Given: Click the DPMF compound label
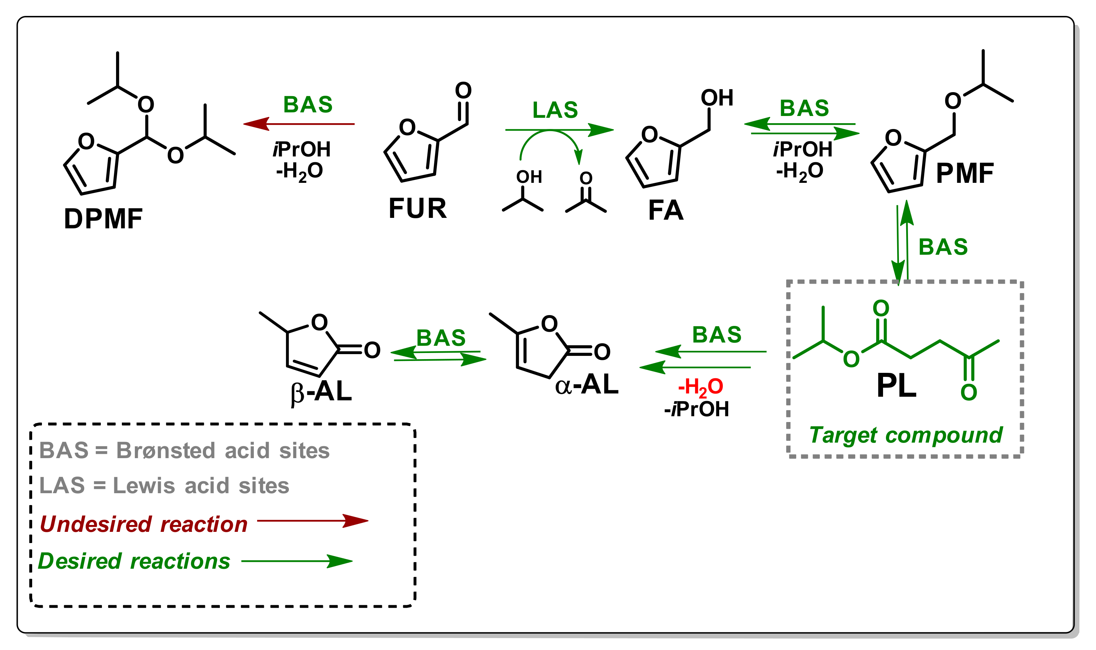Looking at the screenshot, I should pyautogui.click(x=103, y=219).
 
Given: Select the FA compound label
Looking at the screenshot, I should pyautogui.click(x=665, y=210).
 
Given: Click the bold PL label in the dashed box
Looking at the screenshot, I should pyautogui.click(x=896, y=386).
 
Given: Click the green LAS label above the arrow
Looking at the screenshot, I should pyautogui.click(x=555, y=110).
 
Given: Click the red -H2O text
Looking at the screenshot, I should pyautogui.click(x=700, y=387).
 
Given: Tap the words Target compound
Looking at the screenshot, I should pyautogui.click(x=905, y=435).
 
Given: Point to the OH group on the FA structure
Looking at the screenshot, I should pyautogui.click(x=717, y=98).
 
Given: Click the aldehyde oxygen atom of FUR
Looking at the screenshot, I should pyautogui.click(x=463, y=90).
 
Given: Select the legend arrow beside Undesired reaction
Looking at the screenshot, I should pyautogui.click(x=312, y=521).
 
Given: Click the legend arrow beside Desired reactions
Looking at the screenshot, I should pyautogui.click(x=297, y=561).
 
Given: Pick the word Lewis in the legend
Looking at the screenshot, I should pyautogui.click(x=144, y=486).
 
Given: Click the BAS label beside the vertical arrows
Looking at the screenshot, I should pyautogui.click(x=943, y=247).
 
